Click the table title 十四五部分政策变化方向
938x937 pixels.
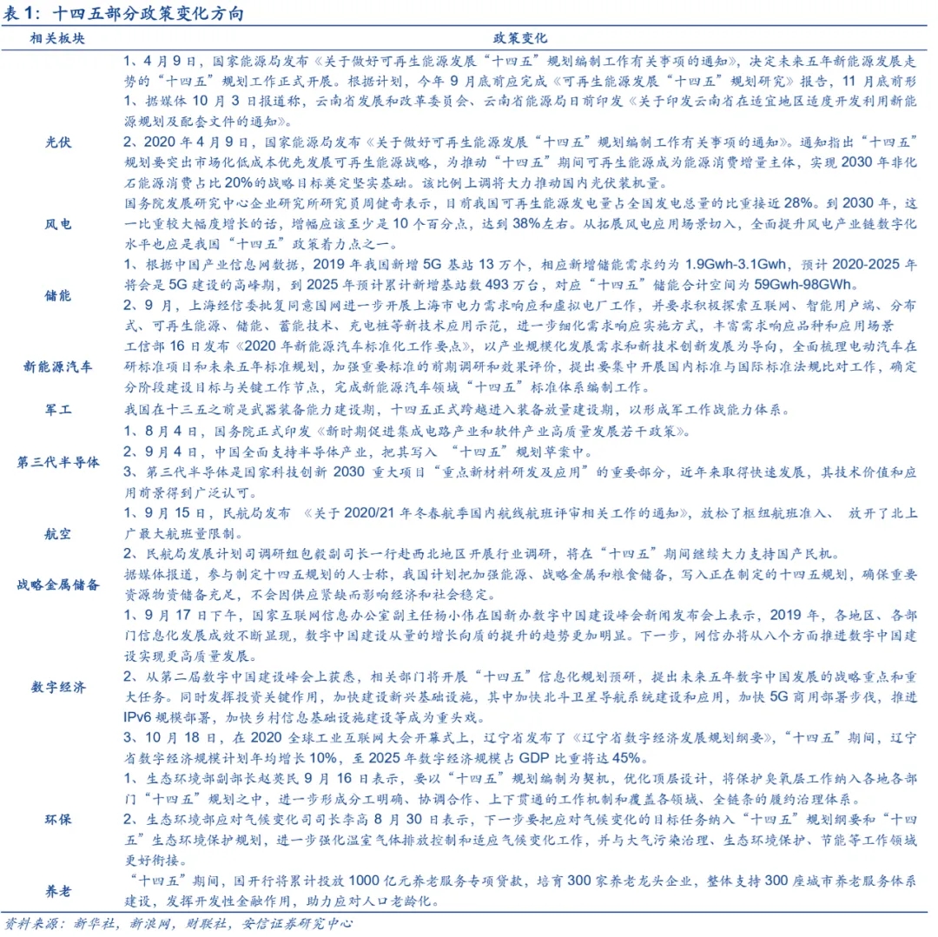(x=148, y=15)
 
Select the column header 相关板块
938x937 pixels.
(x=58, y=39)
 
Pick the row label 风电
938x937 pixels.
(x=58, y=224)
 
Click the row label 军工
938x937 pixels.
(x=58, y=406)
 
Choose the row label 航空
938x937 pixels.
(x=58, y=532)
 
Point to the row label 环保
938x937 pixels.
(x=58, y=819)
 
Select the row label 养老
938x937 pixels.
(x=58, y=891)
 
